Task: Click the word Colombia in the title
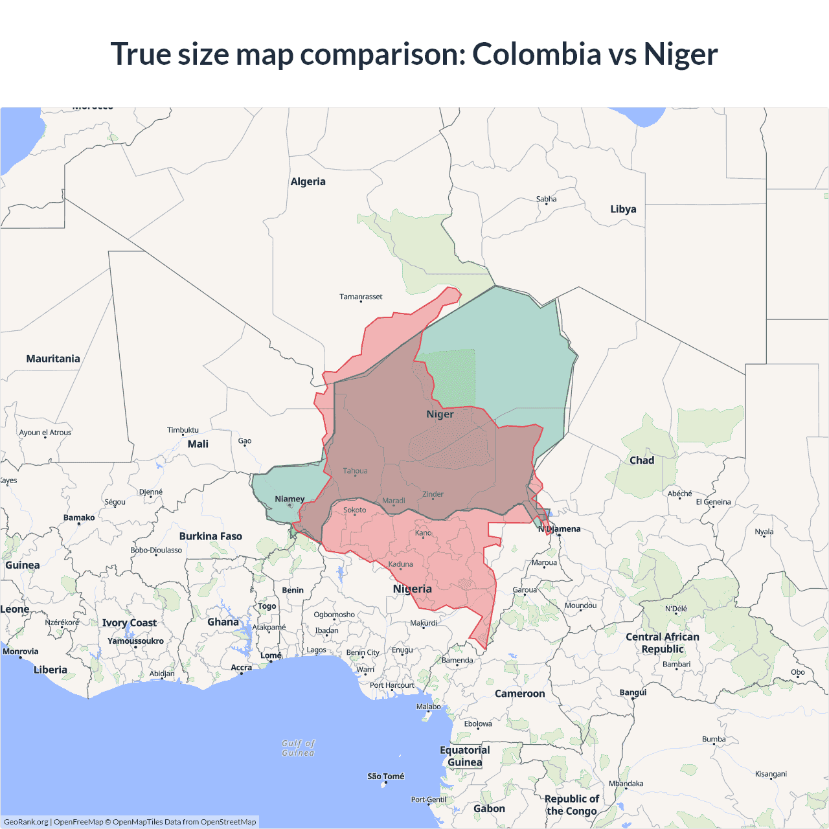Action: (x=536, y=54)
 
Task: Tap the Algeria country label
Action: (x=308, y=182)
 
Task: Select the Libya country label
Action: (x=623, y=209)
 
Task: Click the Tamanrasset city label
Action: (x=361, y=297)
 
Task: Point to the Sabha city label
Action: (x=546, y=199)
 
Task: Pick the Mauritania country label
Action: (x=53, y=359)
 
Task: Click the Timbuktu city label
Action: (x=183, y=430)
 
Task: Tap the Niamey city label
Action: (x=290, y=499)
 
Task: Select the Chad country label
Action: (x=642, y=460)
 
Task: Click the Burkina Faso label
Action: (x=210, y=536)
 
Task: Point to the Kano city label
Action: (x=423, y=533)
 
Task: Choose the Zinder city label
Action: (x=433, y=494)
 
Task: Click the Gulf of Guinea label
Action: (x=298, y=748)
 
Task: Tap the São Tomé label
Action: (x=385, y=776)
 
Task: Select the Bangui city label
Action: (x=633, y=692)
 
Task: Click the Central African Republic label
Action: (x=663, y=643)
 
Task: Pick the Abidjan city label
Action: (x=162, y=674)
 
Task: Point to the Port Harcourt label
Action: (x=392, y=685)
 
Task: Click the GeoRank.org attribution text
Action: (x=26, y=822)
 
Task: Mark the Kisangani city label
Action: (x=771, y=774)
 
